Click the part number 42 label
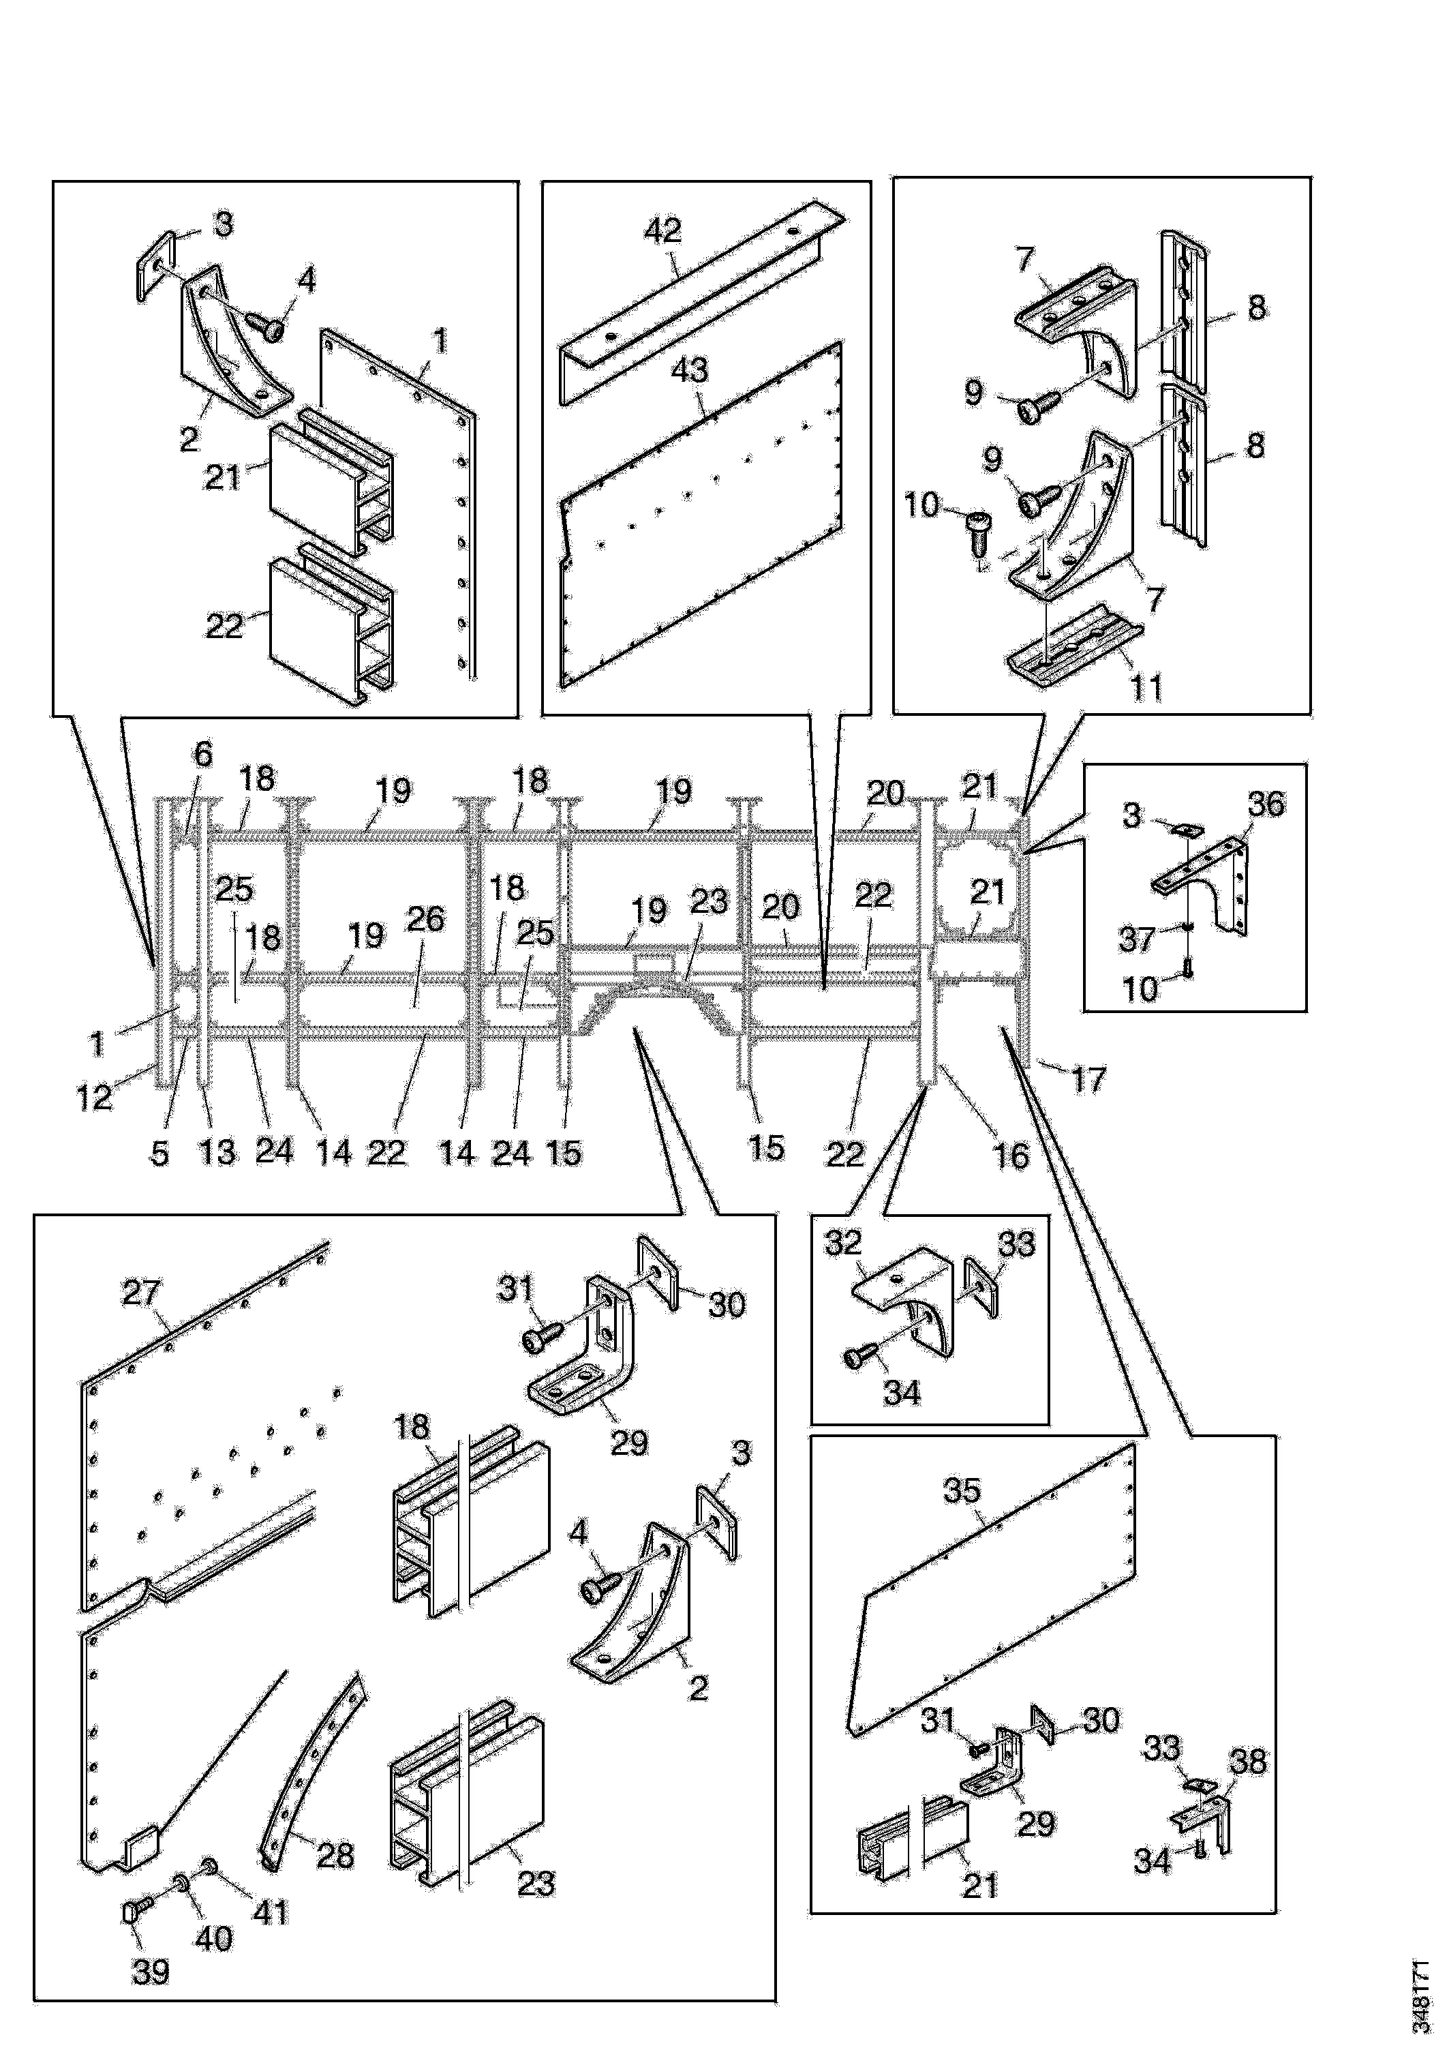click(x=662, y=230)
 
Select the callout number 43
click(x=688, y=370)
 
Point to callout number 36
click(x=1266, y=804)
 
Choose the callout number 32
click(x=843, y=1242)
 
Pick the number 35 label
click(x=962, y=1490)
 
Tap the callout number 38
click(x=1248, y=1762)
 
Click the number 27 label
click(x=141, y=1292)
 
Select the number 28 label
click(x=336, y=1856)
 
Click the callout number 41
click(x=270, y=1912)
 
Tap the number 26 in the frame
click(x=425, y=919)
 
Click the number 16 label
click(x=1011, y=1156)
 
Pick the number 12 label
click(x=94, y=1098)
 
